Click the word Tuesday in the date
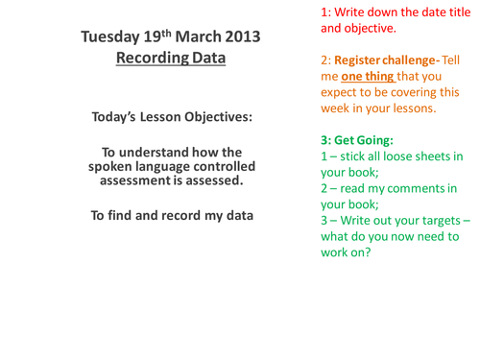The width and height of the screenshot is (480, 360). point(110,37)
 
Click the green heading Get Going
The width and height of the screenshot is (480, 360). point(365,139)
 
